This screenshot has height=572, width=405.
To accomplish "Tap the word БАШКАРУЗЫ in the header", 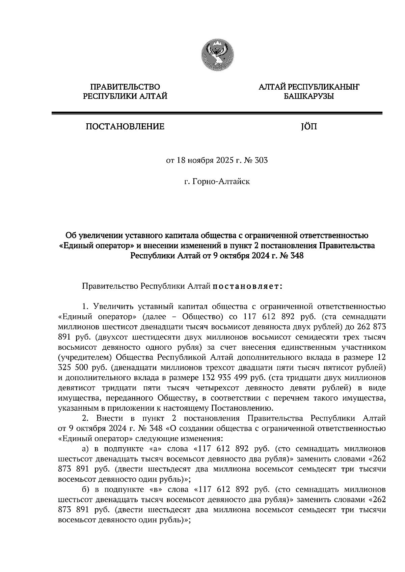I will [308, 97].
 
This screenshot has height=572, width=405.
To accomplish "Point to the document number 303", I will [262, 160].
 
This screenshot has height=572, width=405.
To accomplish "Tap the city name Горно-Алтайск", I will [221, 182].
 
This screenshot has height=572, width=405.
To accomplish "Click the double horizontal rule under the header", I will [217, 114].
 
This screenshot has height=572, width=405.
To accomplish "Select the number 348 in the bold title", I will [296, 256].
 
